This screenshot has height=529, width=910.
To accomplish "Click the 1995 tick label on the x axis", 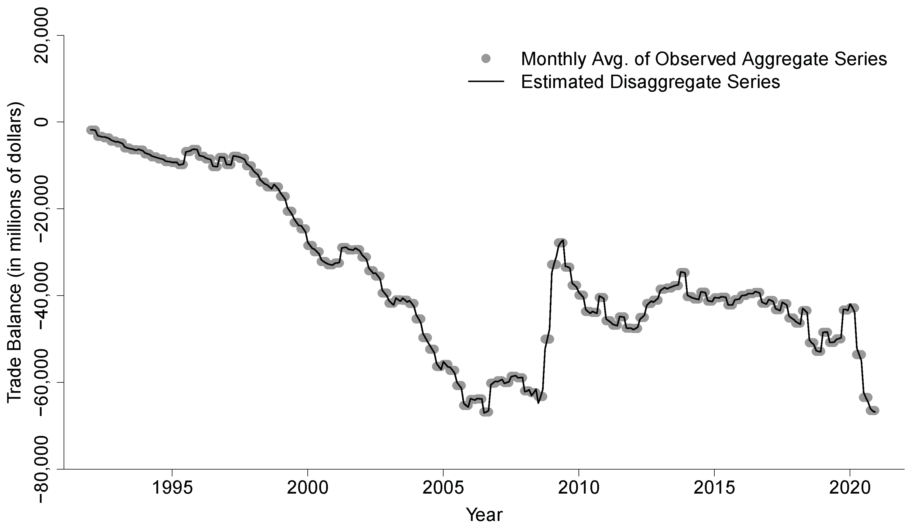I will pyautogui.click(x=172, y=489).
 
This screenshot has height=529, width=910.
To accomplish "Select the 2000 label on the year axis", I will pyautogui.click(x=307, y=489).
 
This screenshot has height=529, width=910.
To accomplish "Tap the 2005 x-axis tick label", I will pyautogui.click(x=443, y=489).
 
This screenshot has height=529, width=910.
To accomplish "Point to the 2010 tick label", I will pyautogui.click(x=579, y=489).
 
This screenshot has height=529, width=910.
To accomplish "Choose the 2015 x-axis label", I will pyautogui.click(x=714, y=489).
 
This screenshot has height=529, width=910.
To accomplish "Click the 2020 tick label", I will pyautogui.click(x=850, y=489).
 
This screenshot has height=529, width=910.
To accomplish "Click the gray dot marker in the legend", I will pyautogui.click(x=486, y=59).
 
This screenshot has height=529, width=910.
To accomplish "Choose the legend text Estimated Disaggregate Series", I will pyautogui.click(x=650, y=82).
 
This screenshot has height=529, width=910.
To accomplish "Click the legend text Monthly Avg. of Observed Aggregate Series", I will pyautogui.click(x=703, y=59).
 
